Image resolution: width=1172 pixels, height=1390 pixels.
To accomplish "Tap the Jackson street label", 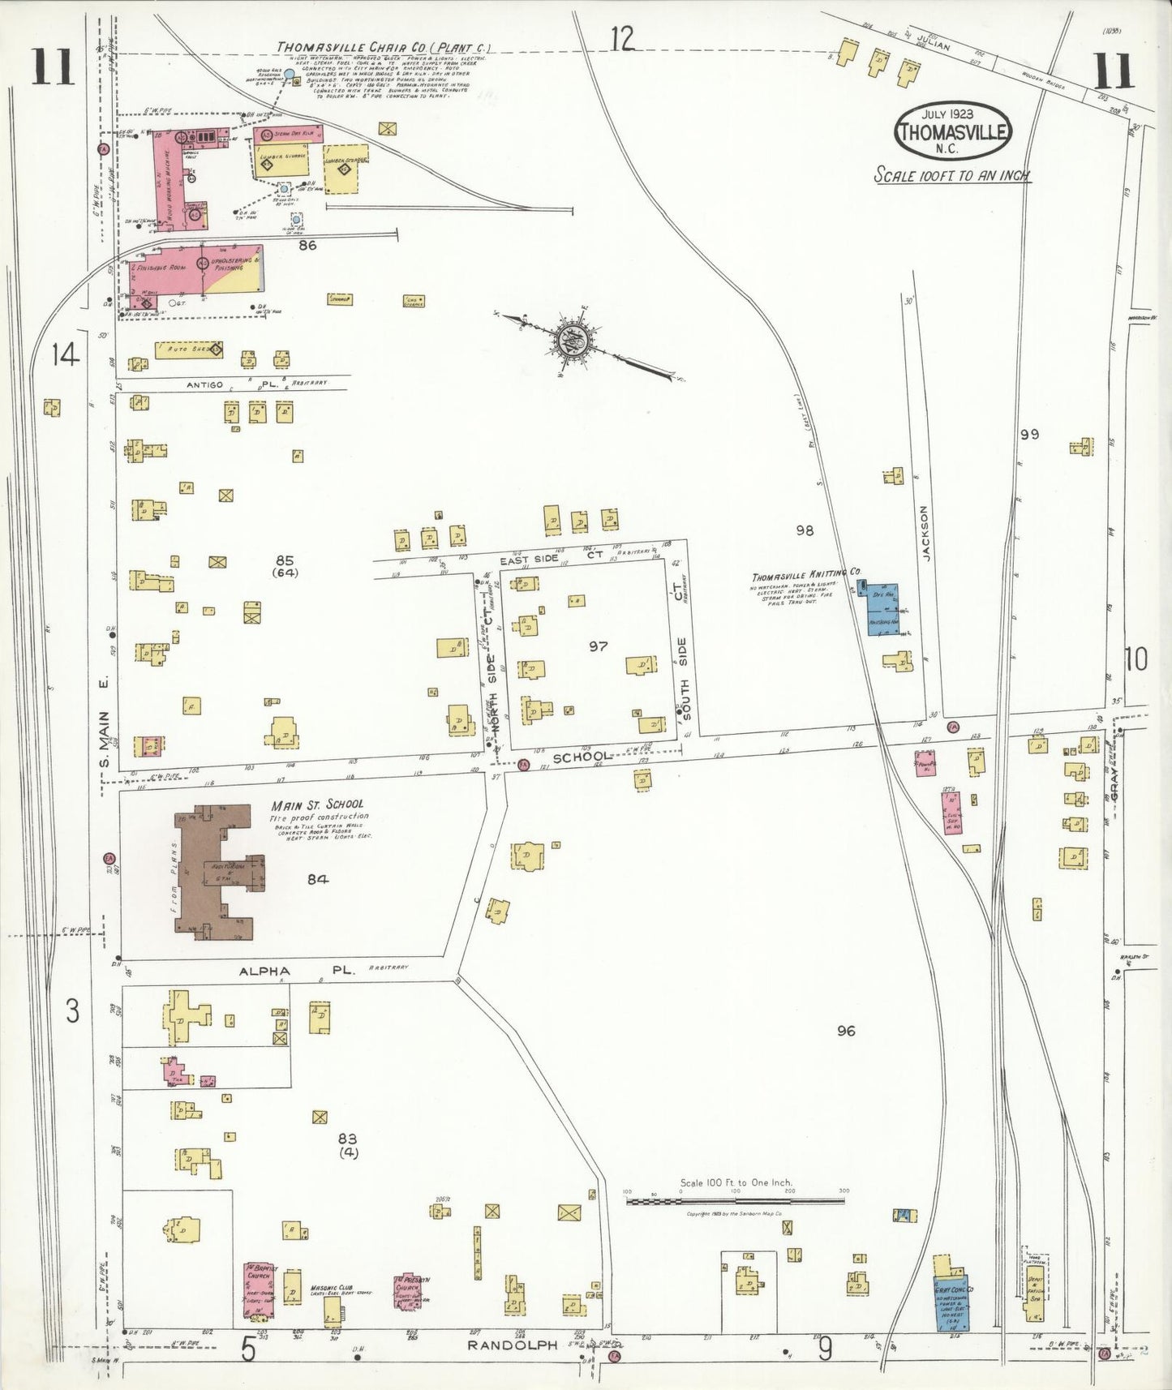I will tap(926, 534).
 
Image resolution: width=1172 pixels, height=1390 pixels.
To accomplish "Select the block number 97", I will tap(598, 646).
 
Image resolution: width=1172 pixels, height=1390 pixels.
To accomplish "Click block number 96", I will tap(846, 1031).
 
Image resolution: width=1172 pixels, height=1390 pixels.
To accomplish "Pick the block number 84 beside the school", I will tap(317, 879).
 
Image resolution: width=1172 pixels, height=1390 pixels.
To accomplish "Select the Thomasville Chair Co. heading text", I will tap(383, 47).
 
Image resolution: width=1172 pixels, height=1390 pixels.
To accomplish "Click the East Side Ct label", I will tap(551, 559).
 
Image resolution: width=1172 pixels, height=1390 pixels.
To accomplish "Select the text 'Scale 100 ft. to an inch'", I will tap(951, 175).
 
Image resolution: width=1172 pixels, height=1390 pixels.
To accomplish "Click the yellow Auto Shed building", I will tap(188, 350).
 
